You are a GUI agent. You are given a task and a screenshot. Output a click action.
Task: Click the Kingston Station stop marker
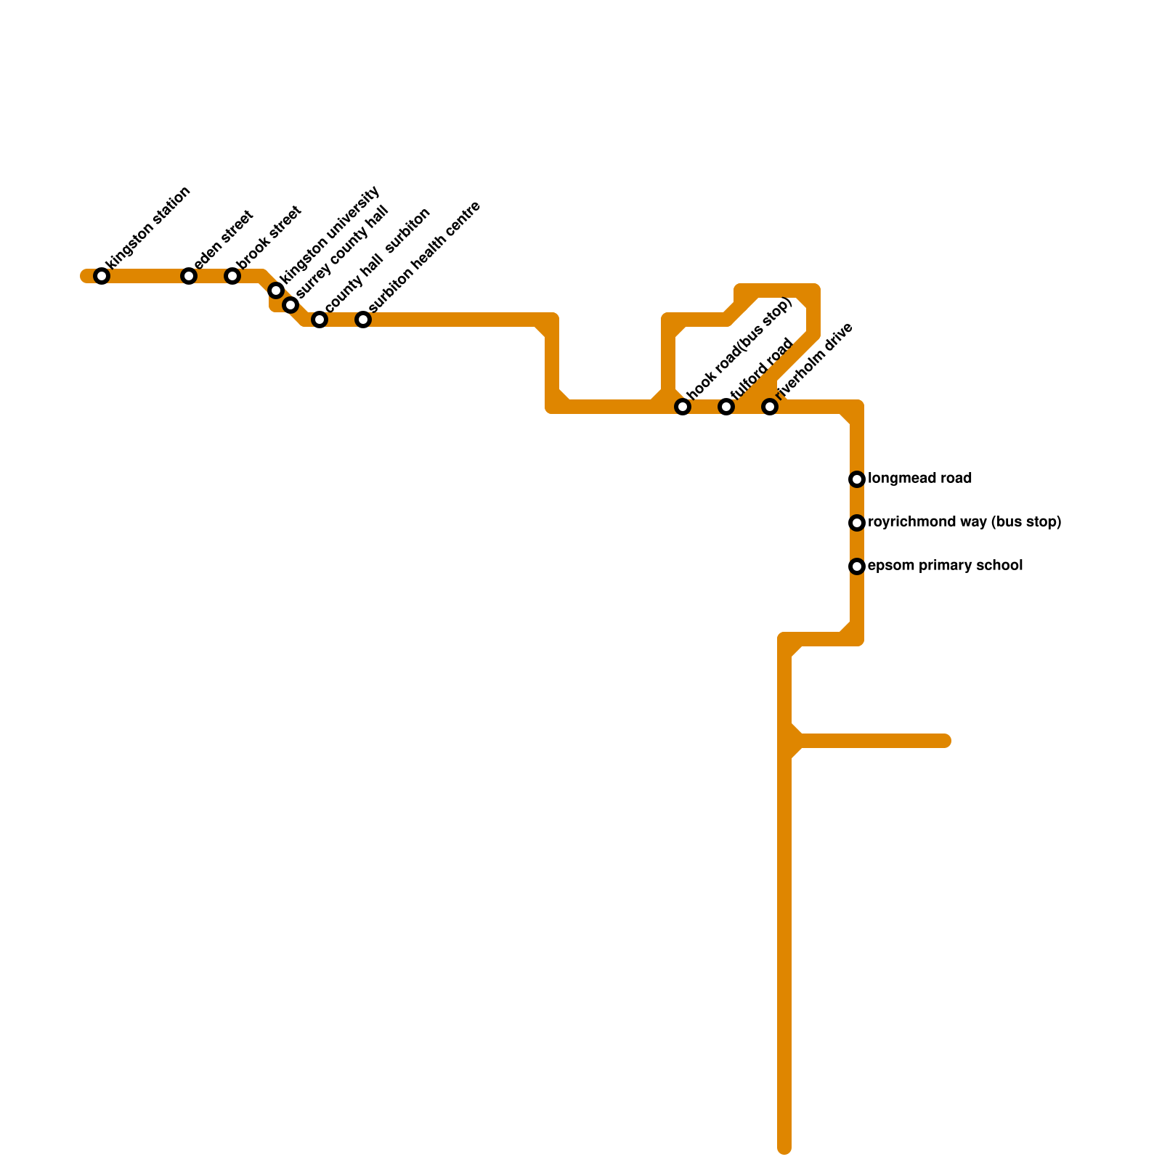[102, 276]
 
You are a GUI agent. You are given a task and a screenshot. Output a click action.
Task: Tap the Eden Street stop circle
[189, 276]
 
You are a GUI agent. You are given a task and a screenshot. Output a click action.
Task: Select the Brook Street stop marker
[232, 276]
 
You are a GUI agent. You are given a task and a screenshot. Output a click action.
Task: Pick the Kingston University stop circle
[276, 290]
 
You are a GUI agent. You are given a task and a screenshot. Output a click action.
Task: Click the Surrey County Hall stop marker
[290, 305]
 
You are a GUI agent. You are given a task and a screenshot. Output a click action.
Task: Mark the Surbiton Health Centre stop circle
[363, 320]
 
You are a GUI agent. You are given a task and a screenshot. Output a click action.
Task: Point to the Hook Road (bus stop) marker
[683, 407]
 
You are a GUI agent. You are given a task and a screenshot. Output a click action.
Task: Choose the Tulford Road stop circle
[726, 407]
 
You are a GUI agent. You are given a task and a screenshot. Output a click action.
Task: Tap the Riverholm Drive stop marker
[770, 407]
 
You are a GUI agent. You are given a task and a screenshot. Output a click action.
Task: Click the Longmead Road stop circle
[857, 479]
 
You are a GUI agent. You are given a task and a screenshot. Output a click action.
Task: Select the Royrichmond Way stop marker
[857, 523]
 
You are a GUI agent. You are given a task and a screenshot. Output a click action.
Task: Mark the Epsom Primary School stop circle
[857, 566]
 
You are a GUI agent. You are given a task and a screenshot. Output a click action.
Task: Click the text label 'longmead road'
[919, 479]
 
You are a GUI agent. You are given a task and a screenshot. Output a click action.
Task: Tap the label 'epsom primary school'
[945, 566]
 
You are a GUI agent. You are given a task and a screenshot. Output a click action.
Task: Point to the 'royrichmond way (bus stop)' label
[964, 522]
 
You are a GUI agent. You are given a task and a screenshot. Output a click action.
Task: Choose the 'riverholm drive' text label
[813, 361]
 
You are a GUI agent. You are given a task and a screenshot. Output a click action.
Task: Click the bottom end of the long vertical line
[784, 1148]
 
